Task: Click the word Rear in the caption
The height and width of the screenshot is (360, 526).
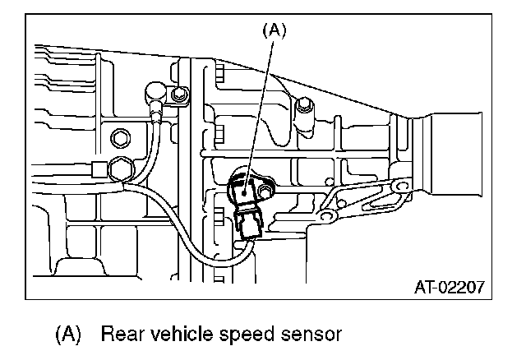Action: pos(124,335)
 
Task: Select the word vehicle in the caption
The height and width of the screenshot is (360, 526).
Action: pos(191,335)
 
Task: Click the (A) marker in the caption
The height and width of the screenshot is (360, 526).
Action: pos(69,335)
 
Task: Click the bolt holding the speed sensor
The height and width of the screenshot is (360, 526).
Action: pos(265,193)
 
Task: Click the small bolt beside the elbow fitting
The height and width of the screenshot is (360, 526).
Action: pos(176,97)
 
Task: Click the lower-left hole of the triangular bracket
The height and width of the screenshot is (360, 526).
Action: pos(327,216)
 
